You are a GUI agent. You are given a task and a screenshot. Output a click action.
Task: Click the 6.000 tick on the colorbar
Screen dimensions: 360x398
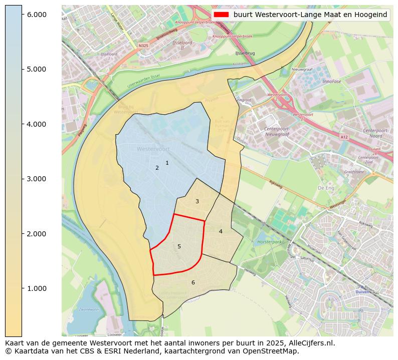click(37, 15)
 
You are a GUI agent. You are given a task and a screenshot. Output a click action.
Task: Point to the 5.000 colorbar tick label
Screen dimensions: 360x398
click(37, 69)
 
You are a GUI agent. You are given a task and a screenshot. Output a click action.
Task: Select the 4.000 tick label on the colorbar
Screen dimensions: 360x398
click(37, 124)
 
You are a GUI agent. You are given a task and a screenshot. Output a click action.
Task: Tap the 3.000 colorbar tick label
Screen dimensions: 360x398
click(37, 179)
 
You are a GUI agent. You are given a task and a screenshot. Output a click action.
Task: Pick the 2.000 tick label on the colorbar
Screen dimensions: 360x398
click(37, 234)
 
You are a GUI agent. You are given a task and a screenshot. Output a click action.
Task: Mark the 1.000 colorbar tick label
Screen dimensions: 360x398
click(37, 288)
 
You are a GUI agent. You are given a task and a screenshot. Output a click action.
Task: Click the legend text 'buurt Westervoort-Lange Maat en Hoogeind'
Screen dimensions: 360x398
click(310, 15)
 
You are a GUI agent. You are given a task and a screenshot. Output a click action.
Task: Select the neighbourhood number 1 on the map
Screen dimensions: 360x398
click(167, 163)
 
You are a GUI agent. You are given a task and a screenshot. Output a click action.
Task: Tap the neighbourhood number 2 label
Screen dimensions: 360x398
click(157, 168)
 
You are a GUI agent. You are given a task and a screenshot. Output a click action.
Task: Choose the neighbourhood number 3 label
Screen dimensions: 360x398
click(197, 201)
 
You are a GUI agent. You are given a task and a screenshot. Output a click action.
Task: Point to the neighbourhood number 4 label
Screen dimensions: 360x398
click(221, 231)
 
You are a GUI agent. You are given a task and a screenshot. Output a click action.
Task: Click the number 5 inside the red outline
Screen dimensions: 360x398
click(179, 246)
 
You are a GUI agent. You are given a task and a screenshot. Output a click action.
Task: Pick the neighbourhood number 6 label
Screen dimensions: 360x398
click(193, 282)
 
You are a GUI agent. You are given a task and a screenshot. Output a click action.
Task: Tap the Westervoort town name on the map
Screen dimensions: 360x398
click(153, 149)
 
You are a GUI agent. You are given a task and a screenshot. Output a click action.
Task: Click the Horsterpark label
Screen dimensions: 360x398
click(267, 241)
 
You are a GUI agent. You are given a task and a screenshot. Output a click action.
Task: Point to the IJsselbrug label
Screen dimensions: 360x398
click(245, 53)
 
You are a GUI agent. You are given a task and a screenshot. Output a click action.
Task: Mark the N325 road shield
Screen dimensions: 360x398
click(143, 45)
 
